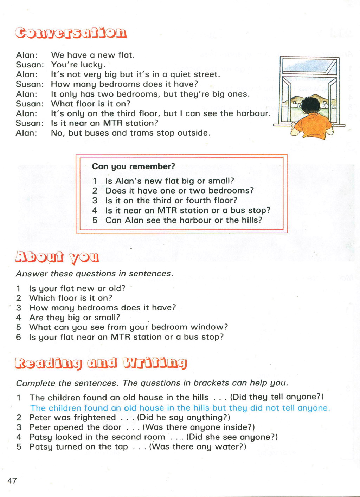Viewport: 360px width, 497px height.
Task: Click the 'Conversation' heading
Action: click(x=71, y=33)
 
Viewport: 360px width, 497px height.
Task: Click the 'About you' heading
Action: click(x=57, y=257)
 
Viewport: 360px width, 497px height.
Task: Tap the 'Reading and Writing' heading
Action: click(x=101, y=363)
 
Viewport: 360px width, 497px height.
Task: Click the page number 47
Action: click(x=12, y=480)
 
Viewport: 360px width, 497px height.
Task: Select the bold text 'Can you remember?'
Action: click(x=134, y=166)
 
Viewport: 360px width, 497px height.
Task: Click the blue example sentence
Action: click(x=180, y=408)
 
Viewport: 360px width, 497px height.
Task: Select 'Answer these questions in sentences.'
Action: click(x=95, y=274)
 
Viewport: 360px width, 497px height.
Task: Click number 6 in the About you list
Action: click(x=19, y=337)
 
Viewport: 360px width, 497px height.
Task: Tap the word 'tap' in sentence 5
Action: click(x=121, y=447)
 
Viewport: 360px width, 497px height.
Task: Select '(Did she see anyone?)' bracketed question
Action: click(x=232, y=437)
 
